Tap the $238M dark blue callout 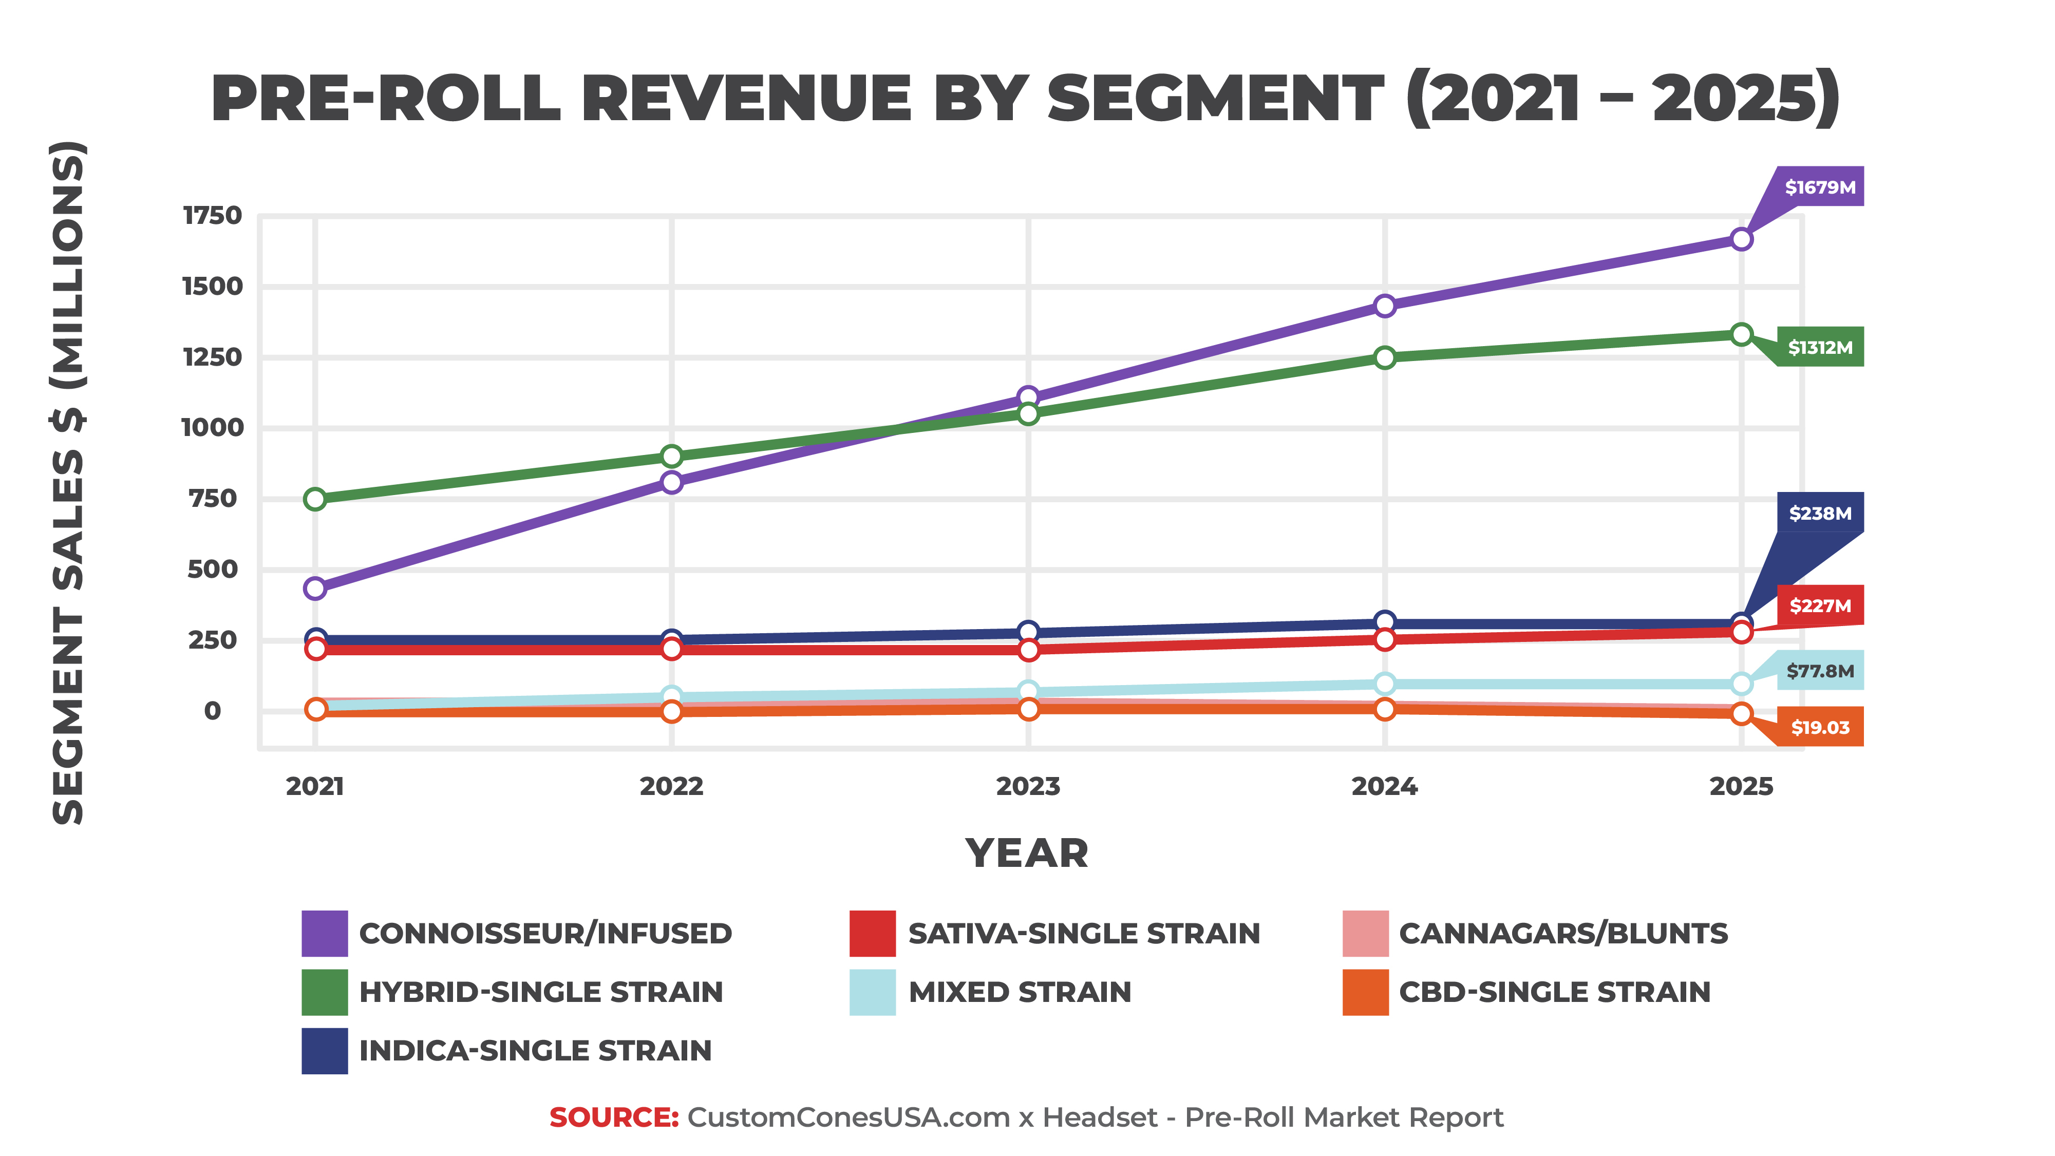click(1820, 513)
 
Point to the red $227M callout click(1820, 605)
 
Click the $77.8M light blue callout click(1820, 671)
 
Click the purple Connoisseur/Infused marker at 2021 click(315, 589)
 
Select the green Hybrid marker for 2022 click(672, 457)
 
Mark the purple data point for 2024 click(1385, 306)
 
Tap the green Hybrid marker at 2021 click(315, 499)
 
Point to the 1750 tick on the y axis click(212, 215)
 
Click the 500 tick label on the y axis click(212, 569)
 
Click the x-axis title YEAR click(1027, 854)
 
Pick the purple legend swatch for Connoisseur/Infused click(325, 933)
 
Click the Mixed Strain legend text click(1020, 992)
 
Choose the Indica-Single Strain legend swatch click(325, 1051)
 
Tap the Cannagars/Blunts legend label click(1563, 933)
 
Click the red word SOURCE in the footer click(613, 1117)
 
